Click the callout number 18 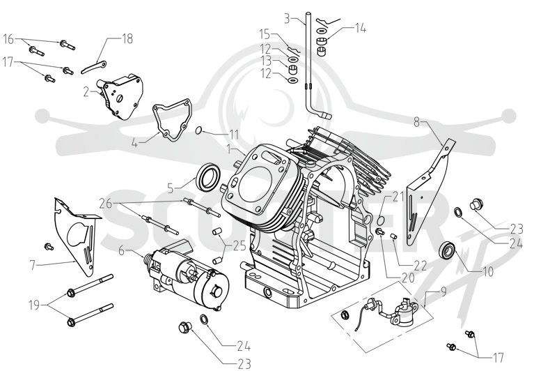127,38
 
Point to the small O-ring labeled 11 199,131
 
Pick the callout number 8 416,122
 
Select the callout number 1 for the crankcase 229,149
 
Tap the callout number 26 106,204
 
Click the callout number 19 34,305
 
